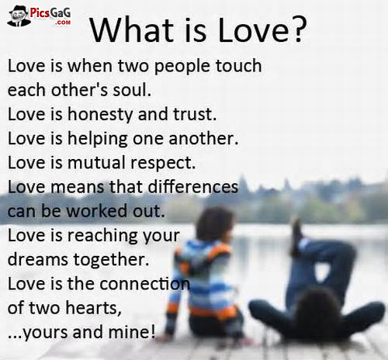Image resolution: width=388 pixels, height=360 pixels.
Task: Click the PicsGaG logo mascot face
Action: (x=17, y=15)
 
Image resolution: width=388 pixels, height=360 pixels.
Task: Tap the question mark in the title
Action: (x=297, y=29)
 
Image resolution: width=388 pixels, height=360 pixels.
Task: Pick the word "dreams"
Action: (x=35, y=260)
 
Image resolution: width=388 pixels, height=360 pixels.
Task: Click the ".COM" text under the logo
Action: (x=63, y=23)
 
